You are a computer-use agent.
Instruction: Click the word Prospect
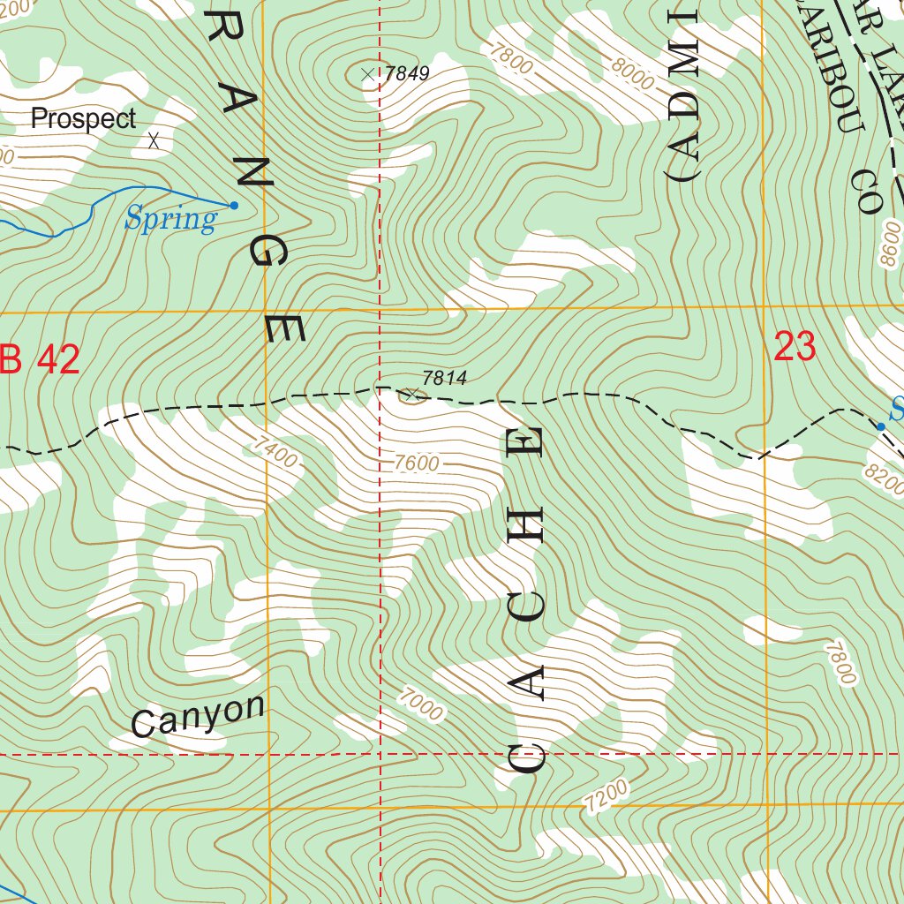point(84,119)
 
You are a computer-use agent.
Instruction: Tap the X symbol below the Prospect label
point(154,139)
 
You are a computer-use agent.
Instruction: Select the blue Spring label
point(170,219)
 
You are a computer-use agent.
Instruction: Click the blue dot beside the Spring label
point(234,206)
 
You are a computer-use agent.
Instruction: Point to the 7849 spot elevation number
point(406,74)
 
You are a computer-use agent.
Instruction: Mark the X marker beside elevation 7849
point(368,74)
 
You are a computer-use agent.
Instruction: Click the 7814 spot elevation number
point(444,379)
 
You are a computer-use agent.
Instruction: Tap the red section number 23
point(794,347)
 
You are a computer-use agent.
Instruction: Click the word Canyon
point(198,716)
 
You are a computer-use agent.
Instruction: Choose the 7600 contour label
point(417,463)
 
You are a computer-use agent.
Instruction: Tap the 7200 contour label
point(606,795)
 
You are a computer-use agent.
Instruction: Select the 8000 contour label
point(634,75)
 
